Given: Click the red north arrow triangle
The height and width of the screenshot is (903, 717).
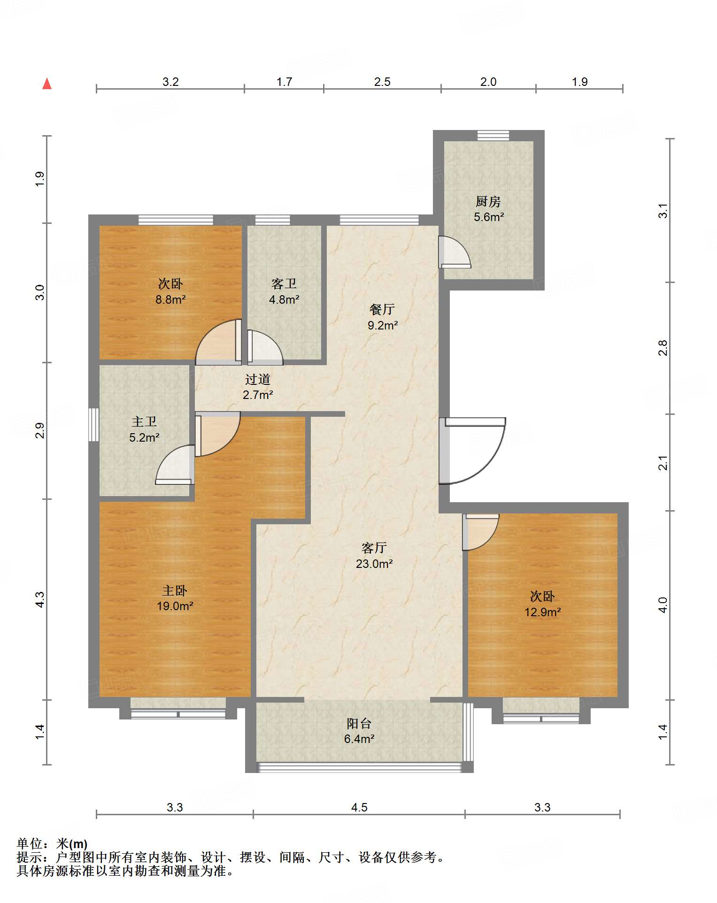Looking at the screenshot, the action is tap(47, 84).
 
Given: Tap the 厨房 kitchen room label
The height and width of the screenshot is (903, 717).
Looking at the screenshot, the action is tap(488, 202).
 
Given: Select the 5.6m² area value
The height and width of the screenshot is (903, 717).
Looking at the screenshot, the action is tap(489, 217).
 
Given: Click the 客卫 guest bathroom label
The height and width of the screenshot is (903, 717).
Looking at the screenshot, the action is tap(284, 284).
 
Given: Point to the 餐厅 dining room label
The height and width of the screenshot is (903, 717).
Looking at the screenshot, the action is tap(382, 309).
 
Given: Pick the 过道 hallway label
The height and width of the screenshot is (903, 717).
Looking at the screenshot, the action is tap(258, 379).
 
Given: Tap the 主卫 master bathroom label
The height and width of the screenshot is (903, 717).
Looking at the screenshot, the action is tap(144, 421).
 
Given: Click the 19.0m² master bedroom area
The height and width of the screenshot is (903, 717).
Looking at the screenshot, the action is tap(175, 606).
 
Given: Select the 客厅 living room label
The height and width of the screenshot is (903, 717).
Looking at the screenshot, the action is tap(374, 548).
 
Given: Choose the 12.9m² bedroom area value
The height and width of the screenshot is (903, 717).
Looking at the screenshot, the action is tap(543, 612).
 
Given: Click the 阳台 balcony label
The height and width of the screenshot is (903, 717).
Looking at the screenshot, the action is tap(359, 723).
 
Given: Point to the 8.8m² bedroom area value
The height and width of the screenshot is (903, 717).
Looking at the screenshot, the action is tap(170, 299).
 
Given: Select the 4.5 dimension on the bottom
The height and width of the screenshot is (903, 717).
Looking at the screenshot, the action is tap(359, 807).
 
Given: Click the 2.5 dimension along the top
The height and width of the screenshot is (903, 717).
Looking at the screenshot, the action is tap(382, 82).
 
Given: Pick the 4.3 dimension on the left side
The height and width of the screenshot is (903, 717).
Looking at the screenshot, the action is tap(40, 599).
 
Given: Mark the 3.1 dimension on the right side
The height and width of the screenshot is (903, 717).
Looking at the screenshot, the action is tap(663, 211).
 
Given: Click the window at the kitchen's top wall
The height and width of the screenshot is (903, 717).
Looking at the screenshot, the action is tap(493, 136).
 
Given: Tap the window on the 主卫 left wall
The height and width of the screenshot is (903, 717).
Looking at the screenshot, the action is tap(94, 425).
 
